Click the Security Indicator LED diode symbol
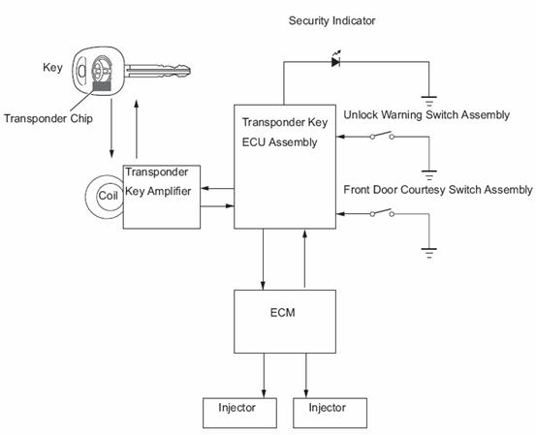pos(335,61)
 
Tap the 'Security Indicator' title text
pos(331,21)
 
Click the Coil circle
pos(86,197)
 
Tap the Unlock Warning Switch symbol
pos(383,136)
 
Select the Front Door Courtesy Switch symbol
pos(383,212)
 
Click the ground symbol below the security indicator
pos(429,102)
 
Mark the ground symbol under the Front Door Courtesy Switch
pos(429,253)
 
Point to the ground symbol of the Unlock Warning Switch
pos(429,175)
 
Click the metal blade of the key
pos(157,71)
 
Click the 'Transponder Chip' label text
pos(48,118)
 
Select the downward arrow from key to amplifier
pos(111,129)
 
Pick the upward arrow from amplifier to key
pos(137,129)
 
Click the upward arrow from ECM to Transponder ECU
pos(304,259)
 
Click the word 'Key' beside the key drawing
pos(52,68)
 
